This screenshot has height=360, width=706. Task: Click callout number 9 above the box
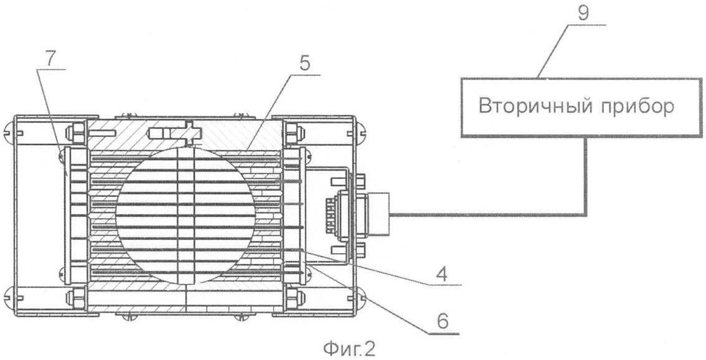click(x=583, y=14)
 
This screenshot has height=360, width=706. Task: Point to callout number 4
click(x=443, y=275)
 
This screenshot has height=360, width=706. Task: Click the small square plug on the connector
click(x=378, y=214)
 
